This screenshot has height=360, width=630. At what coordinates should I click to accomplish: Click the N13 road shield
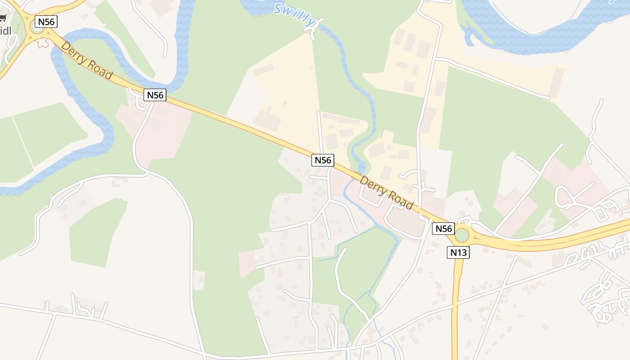(459, 252)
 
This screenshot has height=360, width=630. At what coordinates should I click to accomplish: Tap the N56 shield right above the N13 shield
(443, 229)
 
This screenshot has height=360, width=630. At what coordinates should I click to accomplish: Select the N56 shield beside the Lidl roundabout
(47, 22)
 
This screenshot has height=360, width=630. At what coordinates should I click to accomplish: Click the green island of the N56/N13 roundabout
(462, 235)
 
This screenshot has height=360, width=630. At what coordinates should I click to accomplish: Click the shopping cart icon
(3, 18)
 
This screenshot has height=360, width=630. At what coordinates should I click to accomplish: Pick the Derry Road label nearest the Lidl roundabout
(87, 60)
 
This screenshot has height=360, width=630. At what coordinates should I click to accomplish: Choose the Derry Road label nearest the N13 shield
(386, 193)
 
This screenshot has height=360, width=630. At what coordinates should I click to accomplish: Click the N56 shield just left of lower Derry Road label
(323, 160)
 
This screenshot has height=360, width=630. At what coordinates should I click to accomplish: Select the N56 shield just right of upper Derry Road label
(155, 95)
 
